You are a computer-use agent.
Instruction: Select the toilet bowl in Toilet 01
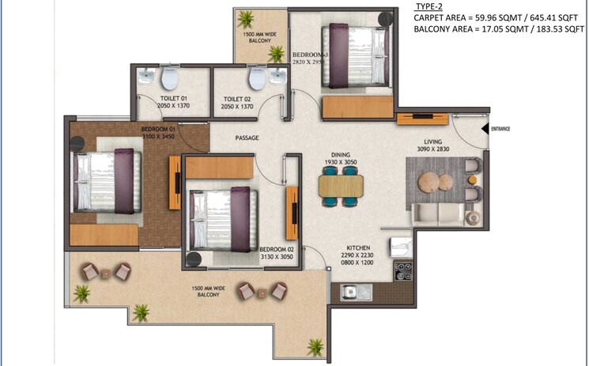170,79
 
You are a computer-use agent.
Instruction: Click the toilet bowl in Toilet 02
255,78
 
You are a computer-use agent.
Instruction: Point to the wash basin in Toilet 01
146,77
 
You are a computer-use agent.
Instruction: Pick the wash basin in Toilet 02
277,77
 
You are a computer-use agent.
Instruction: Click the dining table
342,186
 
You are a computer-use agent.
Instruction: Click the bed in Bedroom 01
103,181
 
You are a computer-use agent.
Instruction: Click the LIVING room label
436,142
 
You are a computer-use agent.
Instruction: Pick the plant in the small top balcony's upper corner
247,18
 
